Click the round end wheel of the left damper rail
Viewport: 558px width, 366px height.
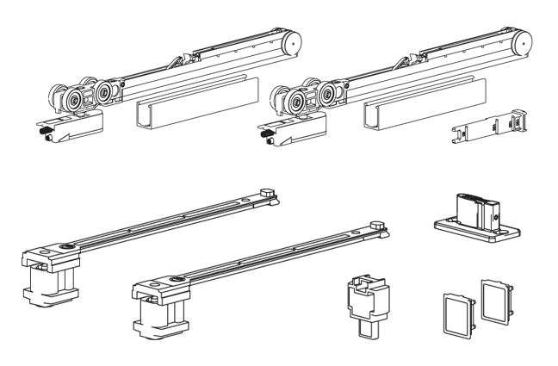point(293,41)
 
